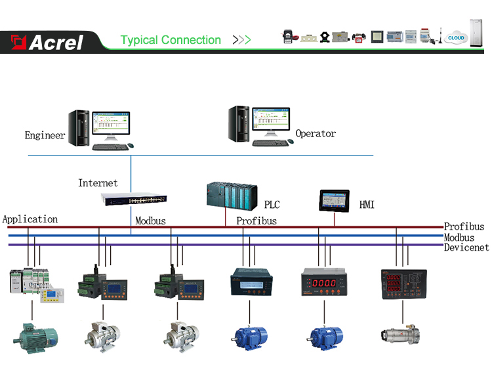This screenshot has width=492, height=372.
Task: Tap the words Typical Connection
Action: pyautogui.click(x=171, y=40)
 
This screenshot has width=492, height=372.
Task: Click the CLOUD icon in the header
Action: pyautogui.click(x=455, y=38)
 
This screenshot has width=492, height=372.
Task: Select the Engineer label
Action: pyautogui.click(x=45, y=136)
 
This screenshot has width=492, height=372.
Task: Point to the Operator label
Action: pyautogui.click(x=316, y=134)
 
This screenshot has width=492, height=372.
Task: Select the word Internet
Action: pyautogui.click(x=98, y=183)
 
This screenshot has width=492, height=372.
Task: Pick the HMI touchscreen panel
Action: pyautogui.click(x=335, y=200)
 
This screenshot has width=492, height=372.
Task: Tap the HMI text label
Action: pyautogui.click(x=367, y=205)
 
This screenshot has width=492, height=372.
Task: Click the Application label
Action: pyautogui.click(x=30, y=219)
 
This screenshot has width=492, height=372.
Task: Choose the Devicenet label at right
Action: pyautogui.click(x=466, y=247)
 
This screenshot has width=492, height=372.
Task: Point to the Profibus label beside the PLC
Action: pyautogui.click(x=256, y=221)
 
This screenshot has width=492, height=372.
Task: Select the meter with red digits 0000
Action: pyautogui.click(x=324, y=283)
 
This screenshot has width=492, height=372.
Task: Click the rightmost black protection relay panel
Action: pyautogui.click(x=403, y=284)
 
